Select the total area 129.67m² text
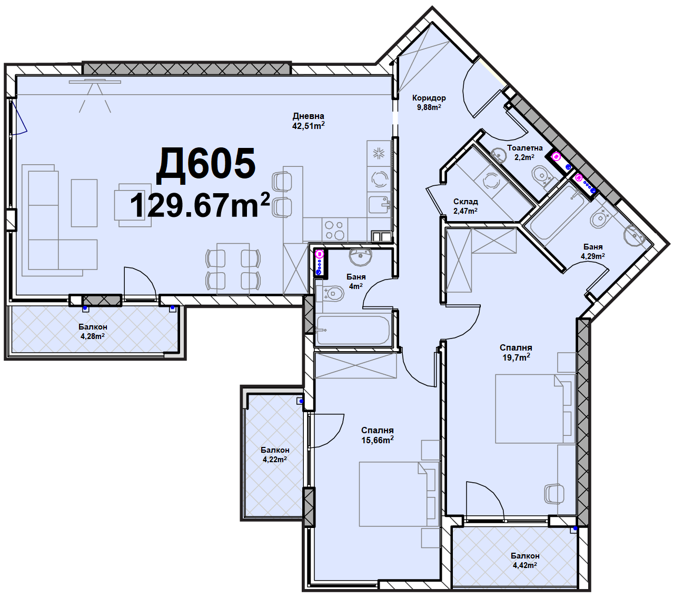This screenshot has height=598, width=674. pos(200,205)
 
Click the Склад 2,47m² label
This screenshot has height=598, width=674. pos(465,206)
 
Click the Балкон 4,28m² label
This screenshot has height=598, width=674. pos(93,332)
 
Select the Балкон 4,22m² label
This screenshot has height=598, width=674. pos(275,455)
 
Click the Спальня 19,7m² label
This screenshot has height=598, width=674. pos(516,353)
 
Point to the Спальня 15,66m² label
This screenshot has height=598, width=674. pos(377,435)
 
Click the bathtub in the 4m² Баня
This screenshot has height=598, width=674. pos(353,330)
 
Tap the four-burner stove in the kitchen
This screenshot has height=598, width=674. pos(334,230)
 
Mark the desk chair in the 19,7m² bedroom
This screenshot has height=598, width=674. pos(554,494)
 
